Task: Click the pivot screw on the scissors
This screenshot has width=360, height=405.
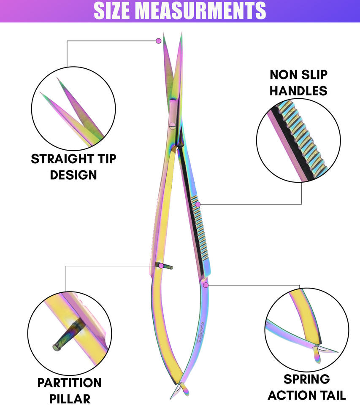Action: coord(172,124)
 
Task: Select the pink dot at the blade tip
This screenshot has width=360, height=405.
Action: coord(159,41)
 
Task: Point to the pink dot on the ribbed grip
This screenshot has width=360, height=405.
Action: coord(198,204)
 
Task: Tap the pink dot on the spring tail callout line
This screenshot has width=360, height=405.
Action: coord(206,285)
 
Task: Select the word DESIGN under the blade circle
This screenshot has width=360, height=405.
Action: coord(73,174)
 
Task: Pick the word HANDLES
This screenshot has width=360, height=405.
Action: coord(298,90)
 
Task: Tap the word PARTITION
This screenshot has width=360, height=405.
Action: coord(70,383)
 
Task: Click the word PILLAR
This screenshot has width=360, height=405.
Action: coord(70,398)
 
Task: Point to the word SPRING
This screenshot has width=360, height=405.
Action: coord(306,379)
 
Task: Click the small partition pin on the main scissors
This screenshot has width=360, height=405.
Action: coord(166,266)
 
